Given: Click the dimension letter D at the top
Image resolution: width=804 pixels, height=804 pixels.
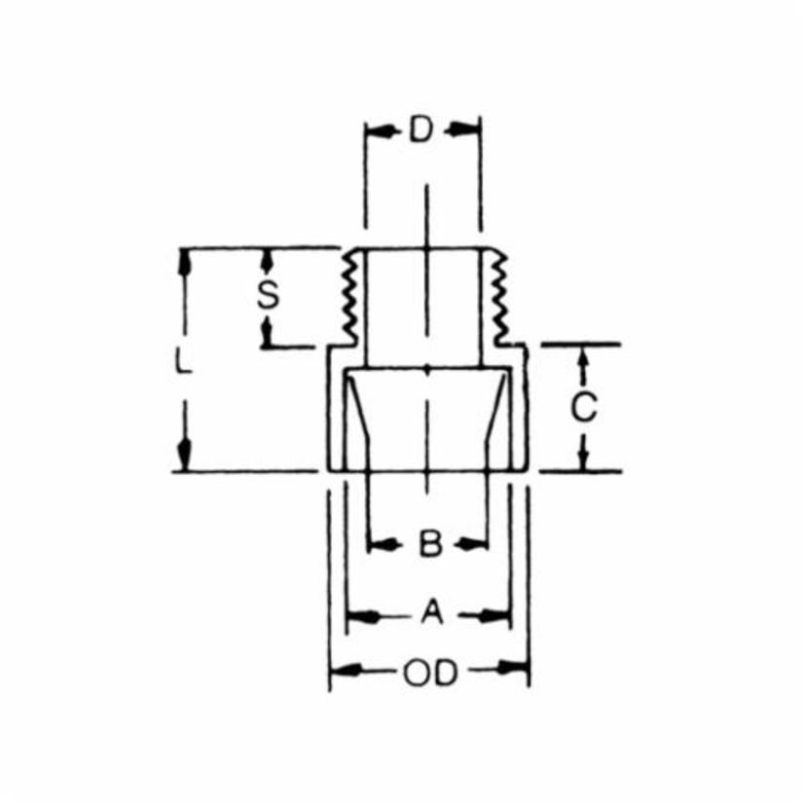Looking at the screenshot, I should tap(420, 130).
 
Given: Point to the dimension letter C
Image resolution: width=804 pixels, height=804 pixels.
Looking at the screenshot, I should tap(583, 410).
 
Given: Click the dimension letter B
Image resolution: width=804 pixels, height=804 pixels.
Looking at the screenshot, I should tap(429, 543).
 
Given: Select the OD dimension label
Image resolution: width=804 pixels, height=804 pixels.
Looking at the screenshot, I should tap(429, 672).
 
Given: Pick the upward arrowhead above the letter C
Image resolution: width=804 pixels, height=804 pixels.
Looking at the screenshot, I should tap(583, 360).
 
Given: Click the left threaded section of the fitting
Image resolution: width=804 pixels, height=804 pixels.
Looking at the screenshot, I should tap(347, 297).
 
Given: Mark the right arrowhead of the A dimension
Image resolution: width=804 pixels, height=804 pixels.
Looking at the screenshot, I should tap(498, 615).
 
